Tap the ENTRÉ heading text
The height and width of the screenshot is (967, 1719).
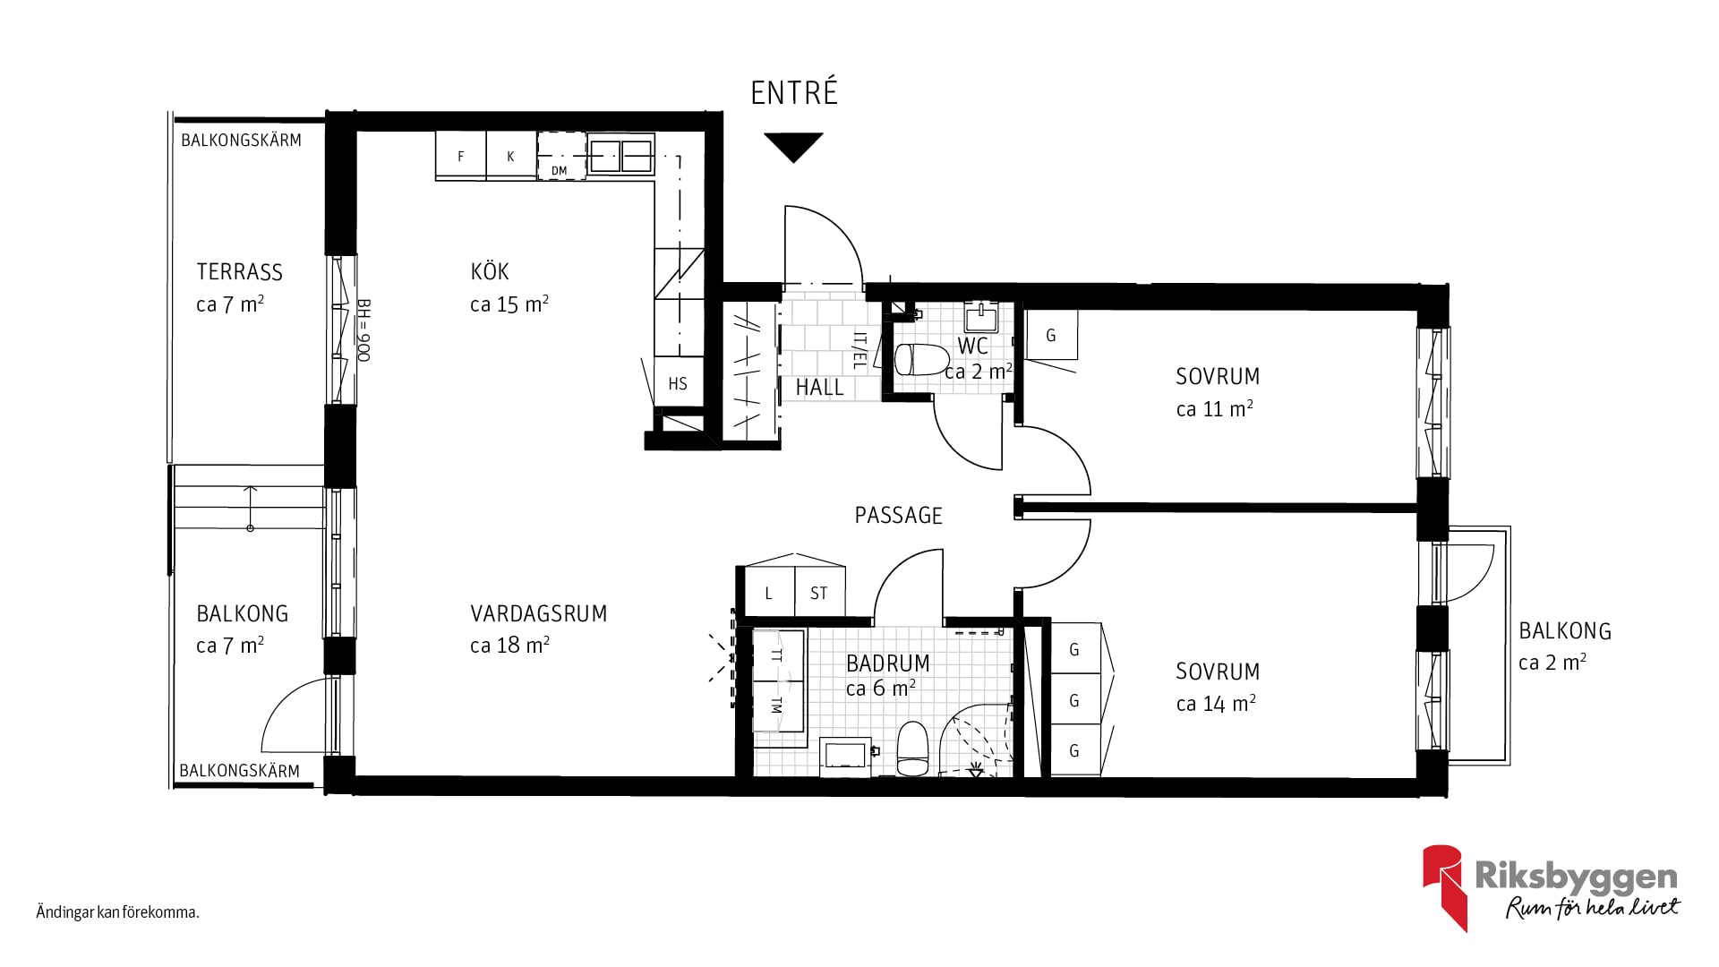[794, 93]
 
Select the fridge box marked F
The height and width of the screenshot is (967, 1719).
[461, 156]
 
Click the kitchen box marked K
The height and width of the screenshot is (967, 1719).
[510, 156]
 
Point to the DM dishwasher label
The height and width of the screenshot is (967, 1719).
[559, 170]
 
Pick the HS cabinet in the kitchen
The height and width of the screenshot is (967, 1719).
[678, 383]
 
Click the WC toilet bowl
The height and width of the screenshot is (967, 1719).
[921, 359]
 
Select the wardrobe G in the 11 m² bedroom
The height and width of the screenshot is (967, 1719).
[1051, 335]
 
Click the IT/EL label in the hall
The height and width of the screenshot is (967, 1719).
[859, 351]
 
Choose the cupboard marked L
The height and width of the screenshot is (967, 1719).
[769, 593]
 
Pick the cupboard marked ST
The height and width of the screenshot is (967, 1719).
[819, 593]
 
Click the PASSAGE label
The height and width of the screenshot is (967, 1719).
[898, 515]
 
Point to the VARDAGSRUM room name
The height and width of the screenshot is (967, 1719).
[538, 613]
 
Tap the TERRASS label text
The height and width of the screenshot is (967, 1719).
[239, 271]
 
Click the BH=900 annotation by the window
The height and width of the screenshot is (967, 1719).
[363, 329]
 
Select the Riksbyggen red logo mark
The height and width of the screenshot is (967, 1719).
[1443, 886]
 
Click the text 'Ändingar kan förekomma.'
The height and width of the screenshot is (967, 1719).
[117, 912]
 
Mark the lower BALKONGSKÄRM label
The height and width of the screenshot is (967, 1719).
[239, 770]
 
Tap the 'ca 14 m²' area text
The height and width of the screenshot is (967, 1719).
[1216, 704]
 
